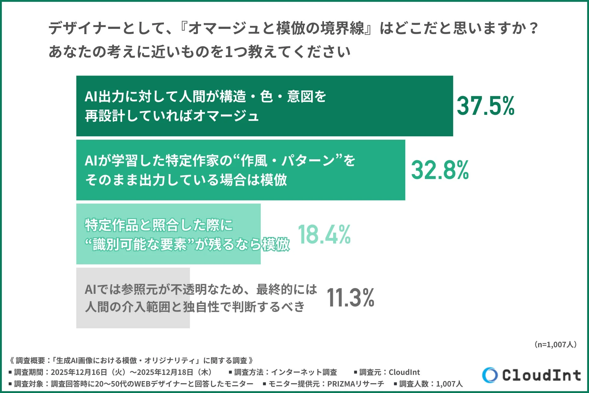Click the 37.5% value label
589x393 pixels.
[485, 106]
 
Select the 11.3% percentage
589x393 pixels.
[350, 298]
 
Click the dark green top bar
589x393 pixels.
[368, 106]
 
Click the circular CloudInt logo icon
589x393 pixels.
[490, 375]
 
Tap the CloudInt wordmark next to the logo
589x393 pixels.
[541, 375]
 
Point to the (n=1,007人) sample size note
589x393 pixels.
[555, 344]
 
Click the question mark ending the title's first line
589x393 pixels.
[534, 29]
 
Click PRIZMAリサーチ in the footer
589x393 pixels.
[356, 384]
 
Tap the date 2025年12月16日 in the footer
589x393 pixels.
[79, 372]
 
